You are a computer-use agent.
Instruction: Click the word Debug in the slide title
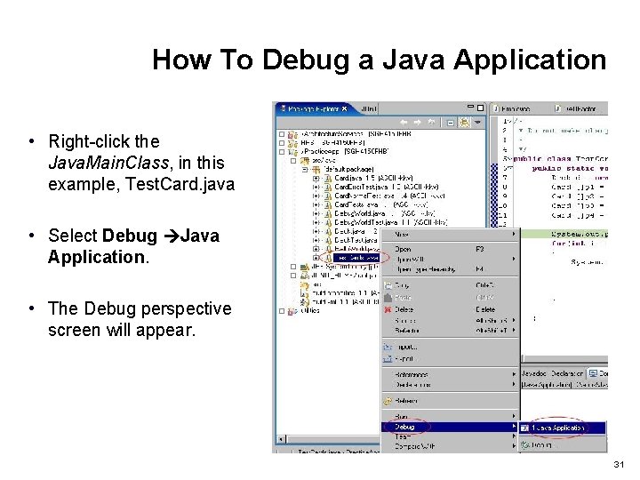click(x=303, y=60)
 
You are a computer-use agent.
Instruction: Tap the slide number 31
click(x=619, y=465)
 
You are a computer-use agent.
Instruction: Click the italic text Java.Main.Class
click(x=136, y=163)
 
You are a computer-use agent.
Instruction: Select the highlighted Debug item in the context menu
click(x=404, y=427)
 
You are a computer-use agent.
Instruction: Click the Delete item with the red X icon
click(x=404, y=309)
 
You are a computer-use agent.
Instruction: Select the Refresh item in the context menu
click(x=407, y=401)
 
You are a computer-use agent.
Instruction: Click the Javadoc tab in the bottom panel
click(x=535, y=374)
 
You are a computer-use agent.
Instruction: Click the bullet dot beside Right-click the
click(x=30, y=141)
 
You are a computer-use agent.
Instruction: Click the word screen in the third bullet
click(x=75, y=330)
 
